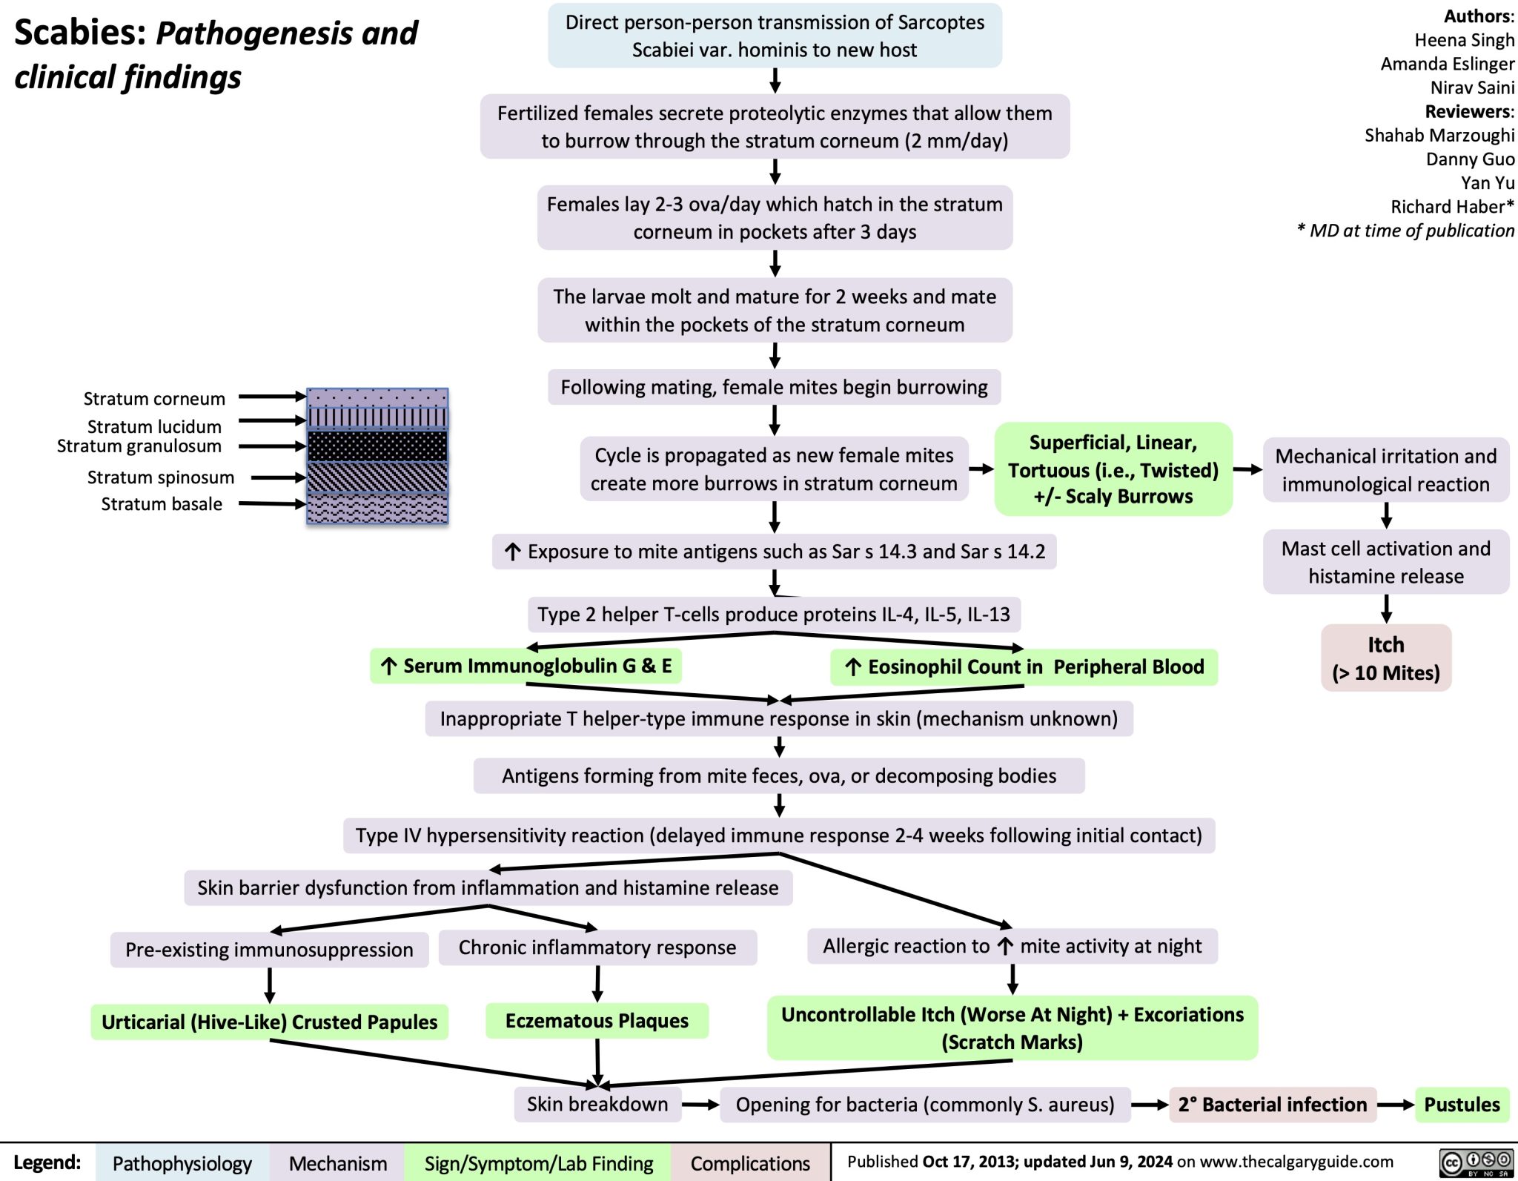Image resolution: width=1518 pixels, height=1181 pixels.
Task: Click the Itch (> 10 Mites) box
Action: (1385, 658)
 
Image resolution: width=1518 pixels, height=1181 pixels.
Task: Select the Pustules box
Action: (1461, 1104)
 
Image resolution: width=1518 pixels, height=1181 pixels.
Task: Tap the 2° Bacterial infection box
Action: (1272, 1104)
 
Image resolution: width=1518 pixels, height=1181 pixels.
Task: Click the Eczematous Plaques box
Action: (597, 1020)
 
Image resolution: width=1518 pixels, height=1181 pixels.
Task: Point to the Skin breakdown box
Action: (597, 1104)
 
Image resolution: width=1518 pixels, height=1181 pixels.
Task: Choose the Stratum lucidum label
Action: (154, 426)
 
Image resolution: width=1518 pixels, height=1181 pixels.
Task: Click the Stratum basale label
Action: (162, 504)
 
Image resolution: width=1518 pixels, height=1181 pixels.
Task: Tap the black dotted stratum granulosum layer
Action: (377, 446)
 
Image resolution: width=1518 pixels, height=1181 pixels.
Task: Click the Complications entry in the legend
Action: (750, 1163)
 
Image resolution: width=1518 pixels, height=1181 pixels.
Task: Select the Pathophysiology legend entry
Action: (182, 1163)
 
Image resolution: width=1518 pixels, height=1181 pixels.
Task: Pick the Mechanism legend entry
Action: (338, 1163)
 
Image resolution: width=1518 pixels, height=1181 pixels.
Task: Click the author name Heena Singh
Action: (1464, 40)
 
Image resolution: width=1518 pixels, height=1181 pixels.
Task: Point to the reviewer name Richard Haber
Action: (1451, 206)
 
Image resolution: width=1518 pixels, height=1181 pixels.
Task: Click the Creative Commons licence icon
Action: (1476, 1162)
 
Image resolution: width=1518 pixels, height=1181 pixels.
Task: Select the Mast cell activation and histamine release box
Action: (1385, 562)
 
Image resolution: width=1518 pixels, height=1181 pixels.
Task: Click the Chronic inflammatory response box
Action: (597, 947)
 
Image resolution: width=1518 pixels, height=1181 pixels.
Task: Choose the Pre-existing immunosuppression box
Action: (269, 949)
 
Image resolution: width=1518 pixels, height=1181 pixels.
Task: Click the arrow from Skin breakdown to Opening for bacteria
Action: (700, 1105)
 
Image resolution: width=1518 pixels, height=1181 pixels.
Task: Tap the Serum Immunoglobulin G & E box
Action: (526, 665)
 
